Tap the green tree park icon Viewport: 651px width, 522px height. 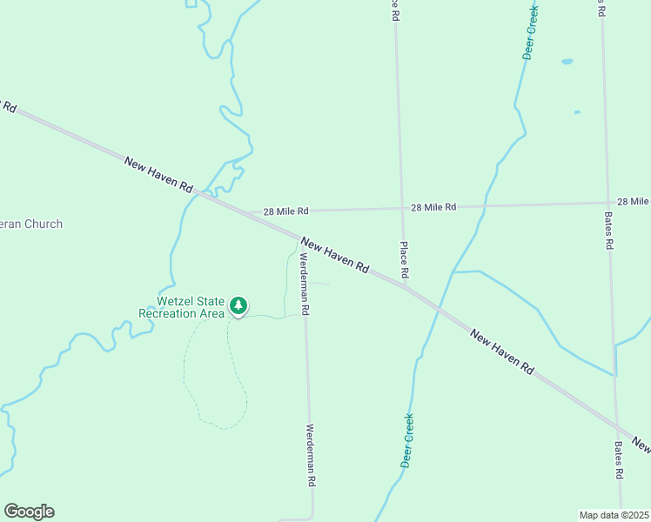point(238,305)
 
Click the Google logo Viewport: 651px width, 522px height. point(29,512)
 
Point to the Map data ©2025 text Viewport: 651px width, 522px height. point(614,515)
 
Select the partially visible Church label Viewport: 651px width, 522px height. point(31,224)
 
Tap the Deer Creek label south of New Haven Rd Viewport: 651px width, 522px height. point(407,440)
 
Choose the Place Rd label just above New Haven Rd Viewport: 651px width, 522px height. point(404,260)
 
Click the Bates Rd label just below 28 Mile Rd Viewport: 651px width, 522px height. point(609,231)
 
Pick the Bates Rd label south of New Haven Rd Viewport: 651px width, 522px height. point(619,459)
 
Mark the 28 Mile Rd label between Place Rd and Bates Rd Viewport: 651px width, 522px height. point(433,207)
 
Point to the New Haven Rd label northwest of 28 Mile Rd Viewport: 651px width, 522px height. point(158,175)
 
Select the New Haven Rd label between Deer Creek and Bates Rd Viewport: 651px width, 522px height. point(501,351)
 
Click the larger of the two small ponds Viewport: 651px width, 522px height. point(567,62)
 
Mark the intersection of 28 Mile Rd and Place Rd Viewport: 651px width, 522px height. point(400,208)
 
